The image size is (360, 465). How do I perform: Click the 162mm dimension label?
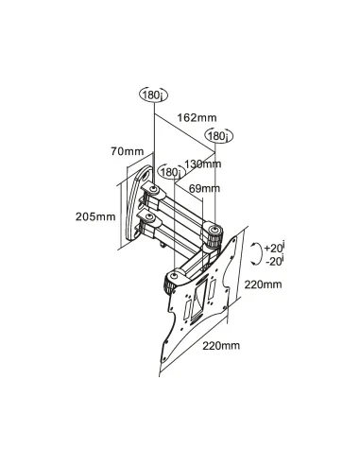coord(197,118)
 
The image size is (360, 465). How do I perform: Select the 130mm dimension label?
coord(202,163)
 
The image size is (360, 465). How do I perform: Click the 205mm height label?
coord(96,215)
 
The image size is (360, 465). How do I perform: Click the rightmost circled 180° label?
coord(217,136)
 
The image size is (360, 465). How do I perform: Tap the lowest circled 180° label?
coord(169,172)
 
